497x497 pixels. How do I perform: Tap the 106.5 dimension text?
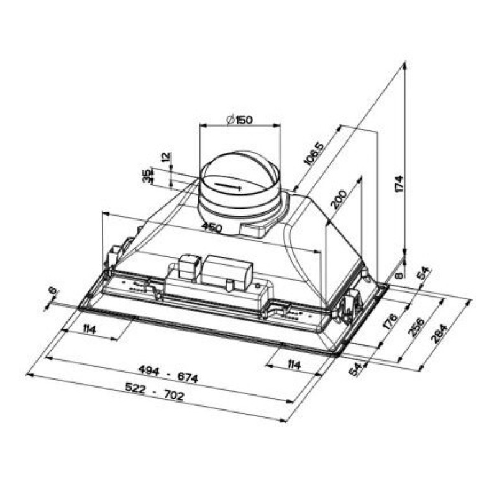pos(314,153)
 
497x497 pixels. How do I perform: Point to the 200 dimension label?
pos(339,199)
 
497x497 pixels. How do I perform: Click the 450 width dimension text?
pos(211,228)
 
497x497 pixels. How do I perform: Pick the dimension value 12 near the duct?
pos(165,158)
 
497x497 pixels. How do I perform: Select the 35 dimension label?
pos(147,176)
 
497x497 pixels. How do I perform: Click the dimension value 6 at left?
pos(52,291)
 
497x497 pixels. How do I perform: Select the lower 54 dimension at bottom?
pos(355,370)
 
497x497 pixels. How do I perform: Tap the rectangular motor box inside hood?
pos(227,271)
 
